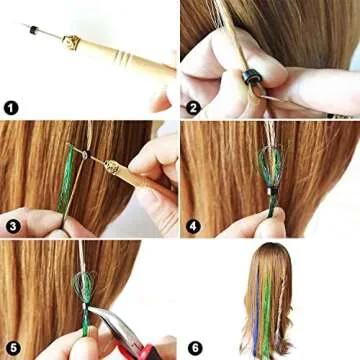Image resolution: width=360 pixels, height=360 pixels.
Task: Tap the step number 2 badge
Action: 194,107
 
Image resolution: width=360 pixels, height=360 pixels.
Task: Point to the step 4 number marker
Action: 194,226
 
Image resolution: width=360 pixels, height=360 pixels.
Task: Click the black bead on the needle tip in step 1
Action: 41,32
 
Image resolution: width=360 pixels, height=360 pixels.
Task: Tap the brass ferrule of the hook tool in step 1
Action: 71,43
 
